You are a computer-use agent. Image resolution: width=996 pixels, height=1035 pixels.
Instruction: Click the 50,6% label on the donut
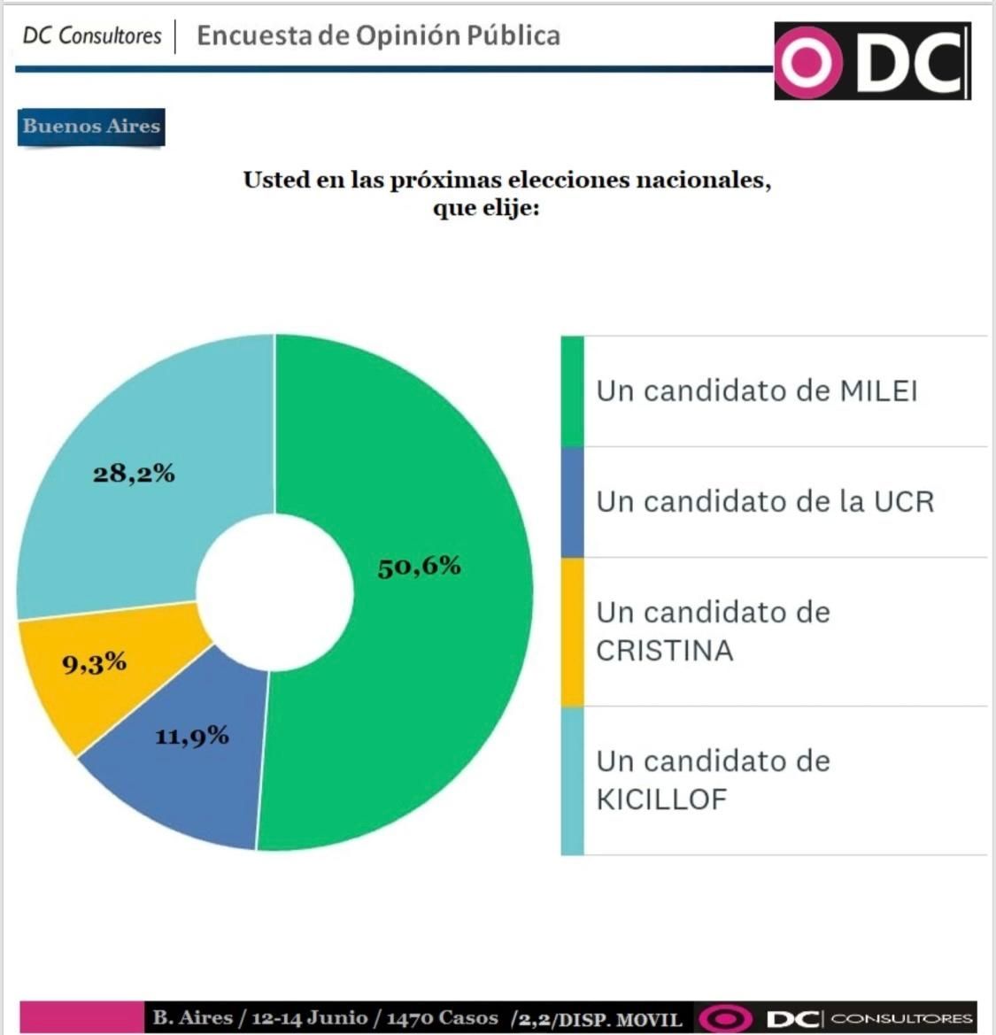419,566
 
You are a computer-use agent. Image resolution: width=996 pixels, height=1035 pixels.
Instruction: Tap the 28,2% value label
134,474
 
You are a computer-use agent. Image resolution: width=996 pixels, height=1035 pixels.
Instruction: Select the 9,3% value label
94,662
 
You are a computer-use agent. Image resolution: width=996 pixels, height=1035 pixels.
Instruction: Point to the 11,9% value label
192,736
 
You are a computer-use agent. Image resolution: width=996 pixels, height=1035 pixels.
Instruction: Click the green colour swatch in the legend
572,391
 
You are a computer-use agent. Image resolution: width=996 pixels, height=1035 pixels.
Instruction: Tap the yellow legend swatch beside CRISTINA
572,631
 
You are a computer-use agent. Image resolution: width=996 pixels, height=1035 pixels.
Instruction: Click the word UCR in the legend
904,501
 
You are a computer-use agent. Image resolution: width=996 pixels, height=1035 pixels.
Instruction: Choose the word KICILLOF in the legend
661,799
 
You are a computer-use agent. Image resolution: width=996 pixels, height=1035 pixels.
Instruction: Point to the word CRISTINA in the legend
664,651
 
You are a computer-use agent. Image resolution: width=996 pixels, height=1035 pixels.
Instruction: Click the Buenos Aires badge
91,126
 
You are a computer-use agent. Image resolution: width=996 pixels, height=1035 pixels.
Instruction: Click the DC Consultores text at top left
92,35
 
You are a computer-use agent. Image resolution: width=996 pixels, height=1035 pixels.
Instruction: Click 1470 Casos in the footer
442,1017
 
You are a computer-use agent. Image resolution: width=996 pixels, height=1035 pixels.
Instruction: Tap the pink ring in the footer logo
725,1018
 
